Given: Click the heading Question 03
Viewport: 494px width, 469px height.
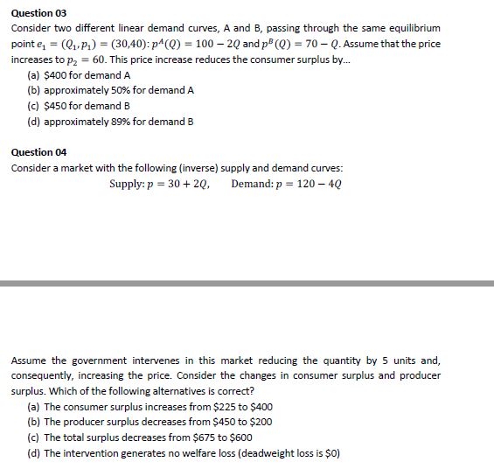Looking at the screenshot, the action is [x=38, y=14].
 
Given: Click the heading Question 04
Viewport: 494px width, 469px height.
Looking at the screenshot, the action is [x=38, y=151].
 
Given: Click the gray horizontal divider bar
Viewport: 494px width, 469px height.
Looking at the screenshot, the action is [x=247, y=283].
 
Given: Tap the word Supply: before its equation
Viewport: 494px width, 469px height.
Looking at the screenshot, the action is [x=128, y=184].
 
